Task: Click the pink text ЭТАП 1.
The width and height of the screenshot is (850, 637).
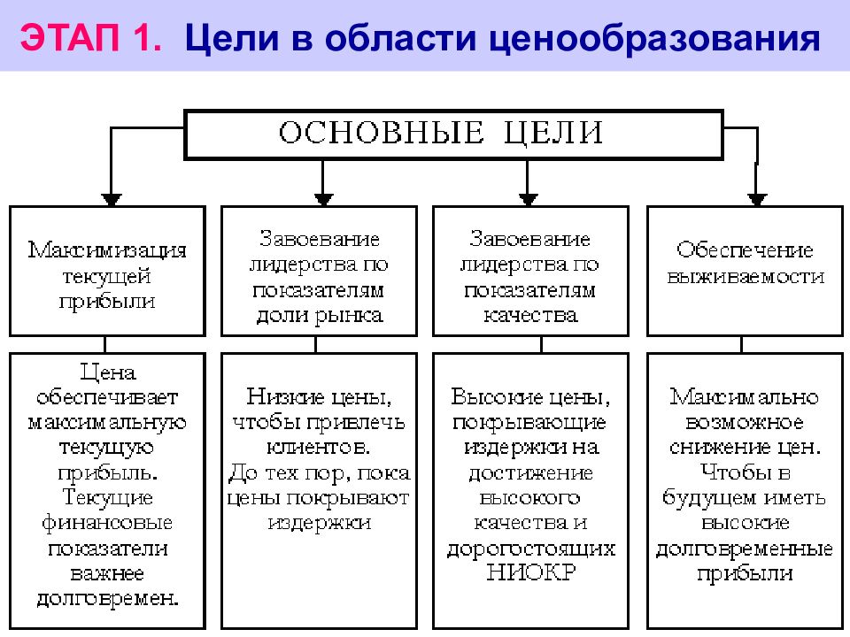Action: tap(91, 37)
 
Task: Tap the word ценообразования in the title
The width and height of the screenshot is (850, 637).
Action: tap(654, 40)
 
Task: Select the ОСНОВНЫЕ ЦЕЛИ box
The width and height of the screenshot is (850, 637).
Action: tap(453, 134)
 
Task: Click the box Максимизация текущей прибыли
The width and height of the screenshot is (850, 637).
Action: tap(107, 271)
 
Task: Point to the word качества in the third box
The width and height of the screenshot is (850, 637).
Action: tap(530, 315)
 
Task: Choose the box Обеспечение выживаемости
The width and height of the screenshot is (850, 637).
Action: tap(745, 271)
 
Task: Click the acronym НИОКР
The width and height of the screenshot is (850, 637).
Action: tap(531, 572)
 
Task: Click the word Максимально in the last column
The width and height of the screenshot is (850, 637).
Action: tap(745, 396)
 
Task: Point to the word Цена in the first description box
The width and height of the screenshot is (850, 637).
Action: tap(107, 372)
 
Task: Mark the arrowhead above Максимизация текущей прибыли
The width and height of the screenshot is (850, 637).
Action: tap(112, 199)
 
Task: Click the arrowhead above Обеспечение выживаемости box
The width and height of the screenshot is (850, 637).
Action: tap(757, 199)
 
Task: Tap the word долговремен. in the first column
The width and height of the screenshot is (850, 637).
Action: tap(107, 598)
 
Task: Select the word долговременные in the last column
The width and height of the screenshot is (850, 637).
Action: tap(745, 549)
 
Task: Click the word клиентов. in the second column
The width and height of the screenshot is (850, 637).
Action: tap(319, 447)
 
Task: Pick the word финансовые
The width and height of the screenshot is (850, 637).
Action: tap(107, 522)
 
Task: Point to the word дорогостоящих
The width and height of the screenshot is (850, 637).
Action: tap(531, 549)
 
